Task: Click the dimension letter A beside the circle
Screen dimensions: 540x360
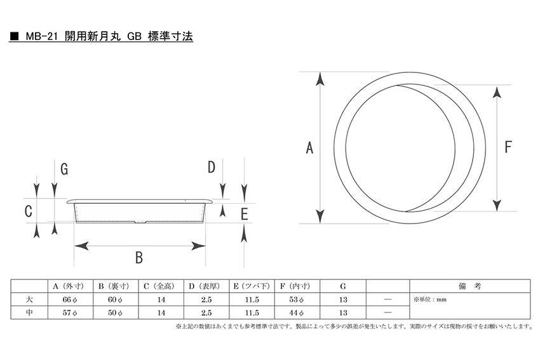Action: [309, 148]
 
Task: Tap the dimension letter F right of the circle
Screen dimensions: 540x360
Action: [508, 147]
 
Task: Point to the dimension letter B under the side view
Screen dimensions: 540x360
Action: [138, 257]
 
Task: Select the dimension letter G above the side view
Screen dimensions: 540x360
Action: [64, 169]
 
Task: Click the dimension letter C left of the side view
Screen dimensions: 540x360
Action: [29, 211]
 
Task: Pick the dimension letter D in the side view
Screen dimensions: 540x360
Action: [211, 167]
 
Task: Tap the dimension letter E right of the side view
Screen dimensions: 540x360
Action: [244, 214]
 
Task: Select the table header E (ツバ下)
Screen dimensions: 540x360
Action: [252, 286]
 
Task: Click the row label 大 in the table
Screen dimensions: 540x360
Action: [29, 300]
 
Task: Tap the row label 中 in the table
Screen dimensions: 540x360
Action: [29, 312]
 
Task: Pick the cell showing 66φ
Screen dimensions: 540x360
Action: [70, 300]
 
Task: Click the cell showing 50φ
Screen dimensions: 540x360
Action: [115, 313]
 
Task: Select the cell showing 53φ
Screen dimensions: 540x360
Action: [297, 300]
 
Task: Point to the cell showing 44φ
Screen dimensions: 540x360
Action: [297, 313]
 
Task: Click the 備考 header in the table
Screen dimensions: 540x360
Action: [469, 286]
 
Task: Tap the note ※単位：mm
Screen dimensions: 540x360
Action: [430, 300]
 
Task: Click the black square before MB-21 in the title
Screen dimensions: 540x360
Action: [14, 36]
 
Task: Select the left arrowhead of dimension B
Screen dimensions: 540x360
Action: [81, 246]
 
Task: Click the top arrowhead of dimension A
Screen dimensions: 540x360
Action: [320, 79]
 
